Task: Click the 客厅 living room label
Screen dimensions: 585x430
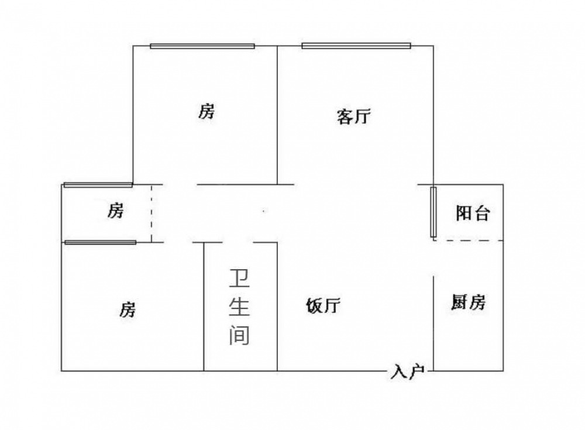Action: coord(354,117)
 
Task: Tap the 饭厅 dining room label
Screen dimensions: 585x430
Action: coord(323,306)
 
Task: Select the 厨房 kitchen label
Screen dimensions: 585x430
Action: coord(469,302)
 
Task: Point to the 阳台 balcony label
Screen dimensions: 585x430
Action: coord(473,213)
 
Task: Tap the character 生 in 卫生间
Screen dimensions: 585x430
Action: coord(239,307)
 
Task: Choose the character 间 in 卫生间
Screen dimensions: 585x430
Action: coord(239,335)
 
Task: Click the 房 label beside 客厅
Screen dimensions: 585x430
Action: coord(207,111)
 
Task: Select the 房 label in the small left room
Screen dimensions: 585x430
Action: coord(115,211)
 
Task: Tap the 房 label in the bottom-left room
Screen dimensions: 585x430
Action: coord(128,309)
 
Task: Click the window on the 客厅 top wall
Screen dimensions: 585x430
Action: coord(356,46)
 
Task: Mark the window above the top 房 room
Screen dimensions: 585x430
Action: coord(202,46)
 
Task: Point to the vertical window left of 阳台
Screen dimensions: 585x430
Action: coord(433,212)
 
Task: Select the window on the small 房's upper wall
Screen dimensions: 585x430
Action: coord(98,185)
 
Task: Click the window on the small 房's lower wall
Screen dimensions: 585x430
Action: coord(101,243)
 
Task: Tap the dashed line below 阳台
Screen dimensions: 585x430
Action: coord(468,241)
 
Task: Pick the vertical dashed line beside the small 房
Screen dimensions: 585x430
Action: coord(152,214)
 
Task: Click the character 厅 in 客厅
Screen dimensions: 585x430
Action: coord(363,117)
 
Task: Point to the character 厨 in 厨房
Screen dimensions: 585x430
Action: coord(460,302)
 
